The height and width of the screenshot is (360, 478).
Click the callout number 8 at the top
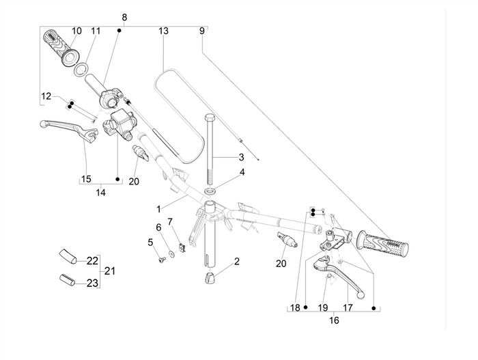(124, 16)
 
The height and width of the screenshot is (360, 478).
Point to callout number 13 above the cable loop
(163, 31)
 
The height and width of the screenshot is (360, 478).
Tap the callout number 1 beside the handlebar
(158, 208)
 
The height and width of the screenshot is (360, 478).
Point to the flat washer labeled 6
(171, 254)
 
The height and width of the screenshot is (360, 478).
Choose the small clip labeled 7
(182, 248)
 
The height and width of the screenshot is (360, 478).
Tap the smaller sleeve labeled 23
(65, 280)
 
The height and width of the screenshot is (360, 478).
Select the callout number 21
(109, 271)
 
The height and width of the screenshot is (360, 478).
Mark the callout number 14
(100, 193)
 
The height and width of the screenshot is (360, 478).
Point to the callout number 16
(334, 319)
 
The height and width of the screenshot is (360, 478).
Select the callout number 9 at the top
(201, 31)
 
